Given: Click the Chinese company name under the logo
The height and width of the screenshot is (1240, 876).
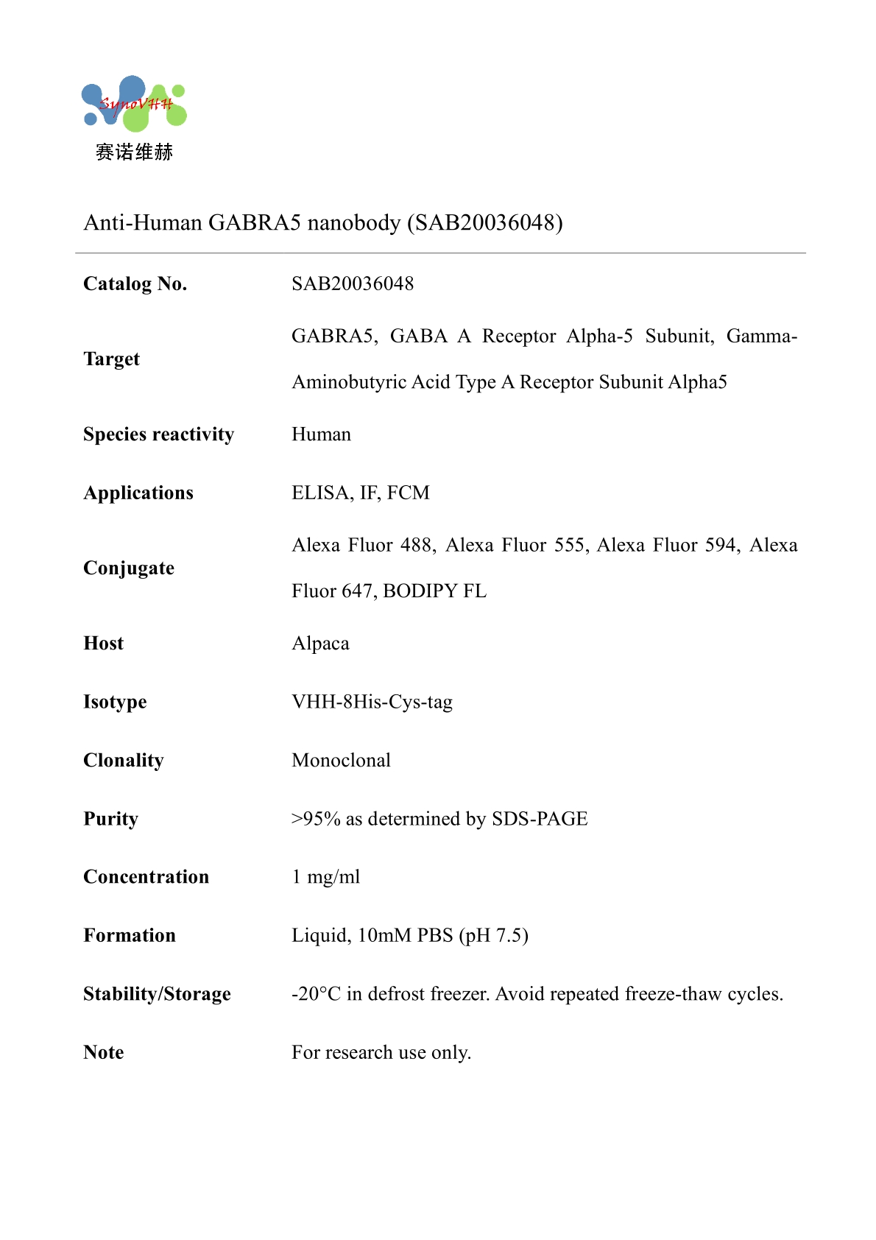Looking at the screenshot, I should click(134, 152).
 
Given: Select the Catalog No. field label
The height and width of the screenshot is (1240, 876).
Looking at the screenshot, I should click(135, 284).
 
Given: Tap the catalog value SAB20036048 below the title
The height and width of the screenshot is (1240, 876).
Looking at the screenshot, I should click(353, 284).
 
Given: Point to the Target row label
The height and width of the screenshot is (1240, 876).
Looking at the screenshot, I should click(111, 359).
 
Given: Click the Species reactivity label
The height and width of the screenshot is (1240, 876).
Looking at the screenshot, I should click(158, 434).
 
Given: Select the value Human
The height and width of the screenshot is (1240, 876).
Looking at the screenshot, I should click(321, 434).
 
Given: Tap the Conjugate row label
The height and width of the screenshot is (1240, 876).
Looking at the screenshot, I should click(129, 568).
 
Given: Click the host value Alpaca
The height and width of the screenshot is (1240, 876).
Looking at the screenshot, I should click(320, 644).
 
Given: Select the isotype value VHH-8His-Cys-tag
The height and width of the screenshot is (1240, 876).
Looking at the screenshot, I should click(372, 702).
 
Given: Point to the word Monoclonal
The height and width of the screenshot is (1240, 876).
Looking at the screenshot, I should click(341, 761).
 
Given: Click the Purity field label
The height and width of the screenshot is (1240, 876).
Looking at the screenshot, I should click(110, 819).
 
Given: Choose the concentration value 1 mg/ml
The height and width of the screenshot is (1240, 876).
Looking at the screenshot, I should click(325, 877).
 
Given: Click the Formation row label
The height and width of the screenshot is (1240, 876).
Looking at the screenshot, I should click(130, 936).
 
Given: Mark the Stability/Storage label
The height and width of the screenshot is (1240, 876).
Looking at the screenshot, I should click(157, 994).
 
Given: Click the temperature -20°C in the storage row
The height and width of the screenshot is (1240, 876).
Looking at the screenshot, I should click(316, 994).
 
